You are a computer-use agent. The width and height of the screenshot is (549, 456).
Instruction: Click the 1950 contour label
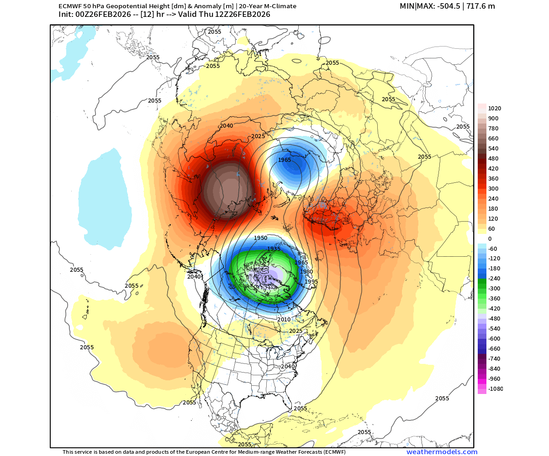tap(260, 238)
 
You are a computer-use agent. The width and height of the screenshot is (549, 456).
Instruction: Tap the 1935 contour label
tap(274, 249)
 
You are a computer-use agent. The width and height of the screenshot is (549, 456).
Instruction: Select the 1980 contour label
tap(306, 272)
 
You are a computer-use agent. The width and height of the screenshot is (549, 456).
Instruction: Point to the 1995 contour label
tap(311, 282)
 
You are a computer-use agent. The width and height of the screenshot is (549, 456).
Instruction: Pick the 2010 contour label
tap(284, 320)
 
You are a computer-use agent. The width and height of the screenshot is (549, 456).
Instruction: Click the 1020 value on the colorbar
tap(495, 109)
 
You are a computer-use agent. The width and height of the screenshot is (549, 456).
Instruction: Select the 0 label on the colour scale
tap(490, 239)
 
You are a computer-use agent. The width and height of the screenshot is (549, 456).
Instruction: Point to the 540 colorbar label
tap(493, 149)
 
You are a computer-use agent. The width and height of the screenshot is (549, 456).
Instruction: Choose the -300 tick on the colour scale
tap(494, 289)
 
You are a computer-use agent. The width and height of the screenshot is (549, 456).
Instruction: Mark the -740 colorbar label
tap(494, 359)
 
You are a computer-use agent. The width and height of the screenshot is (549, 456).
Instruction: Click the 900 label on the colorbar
tap(493, 119)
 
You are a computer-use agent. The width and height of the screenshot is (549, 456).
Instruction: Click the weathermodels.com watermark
tap(442, 452)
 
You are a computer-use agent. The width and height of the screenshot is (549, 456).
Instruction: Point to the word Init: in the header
tap(68, 15)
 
